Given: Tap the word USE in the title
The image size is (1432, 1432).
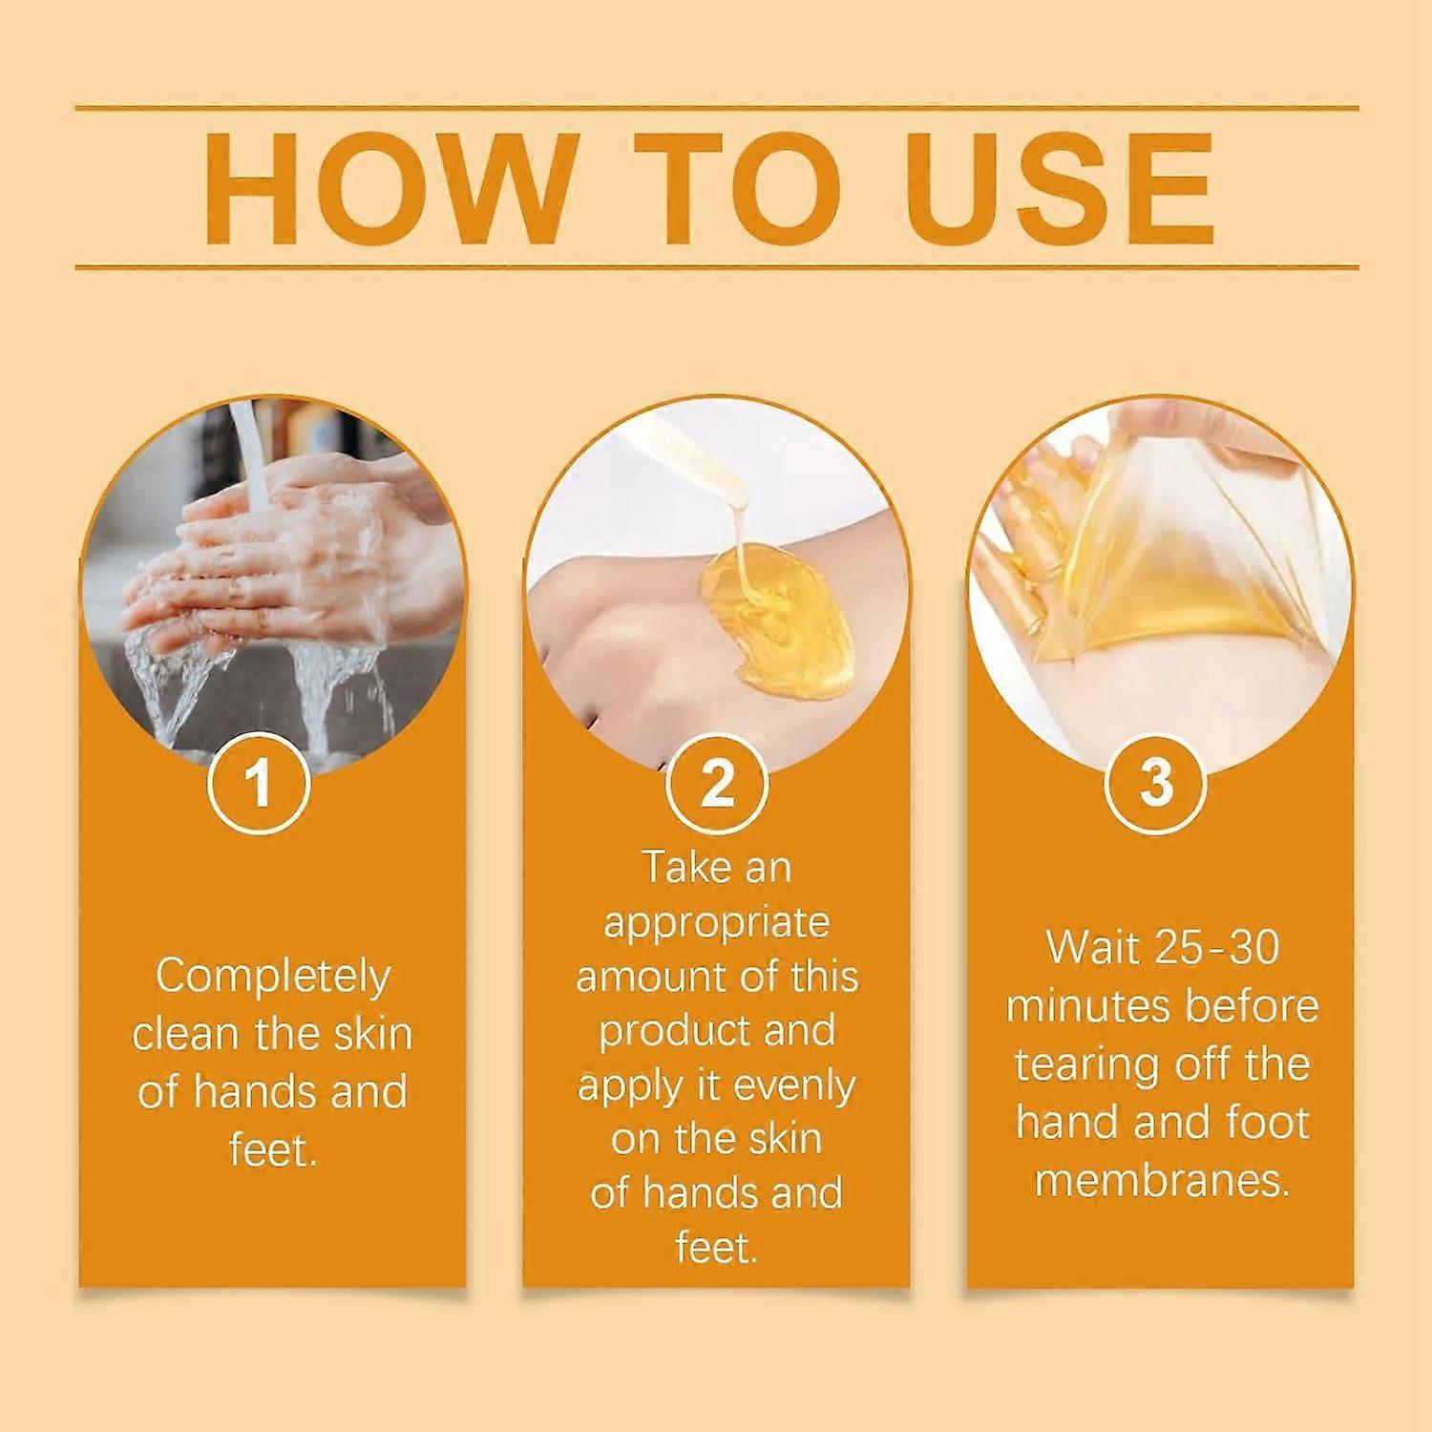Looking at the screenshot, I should point(1060,188).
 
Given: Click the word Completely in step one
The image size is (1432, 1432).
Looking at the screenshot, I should point(273,976).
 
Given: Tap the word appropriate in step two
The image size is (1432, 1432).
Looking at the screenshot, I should point(716,922).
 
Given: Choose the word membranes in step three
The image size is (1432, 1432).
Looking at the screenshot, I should point(1162,1181).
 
